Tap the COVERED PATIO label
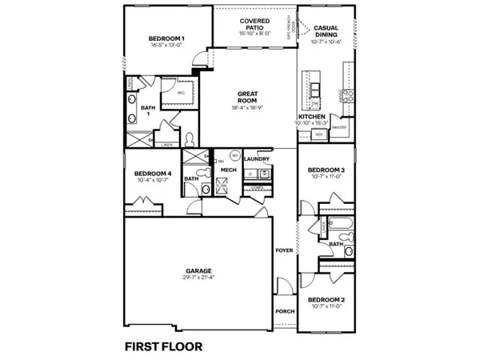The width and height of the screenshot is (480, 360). click(x=254, y=25)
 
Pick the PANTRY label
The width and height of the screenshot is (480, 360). click(x=338, y=127)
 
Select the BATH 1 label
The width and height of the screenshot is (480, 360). click(x=148, y=110)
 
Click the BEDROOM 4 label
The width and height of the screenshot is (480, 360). click(x=152, y=174)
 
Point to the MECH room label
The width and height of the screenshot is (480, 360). click(x=228, y=170)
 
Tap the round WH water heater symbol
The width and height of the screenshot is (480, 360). click(x=235, y=154)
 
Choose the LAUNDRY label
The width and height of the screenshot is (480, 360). click(x=256, y=159)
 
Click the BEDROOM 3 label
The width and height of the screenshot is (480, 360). click(x=326, y=170)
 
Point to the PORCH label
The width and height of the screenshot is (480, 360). click(x=285, y=310)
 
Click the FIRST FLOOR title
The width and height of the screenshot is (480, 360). click(x=163, y=346)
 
